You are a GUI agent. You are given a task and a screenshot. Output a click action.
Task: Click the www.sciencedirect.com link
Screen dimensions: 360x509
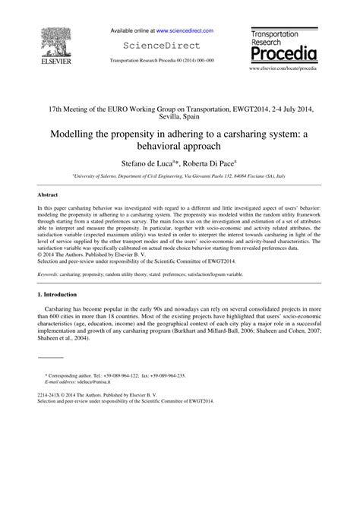(185, 31)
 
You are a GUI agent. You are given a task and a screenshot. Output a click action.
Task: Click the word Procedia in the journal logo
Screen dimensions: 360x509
(283, 55)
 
